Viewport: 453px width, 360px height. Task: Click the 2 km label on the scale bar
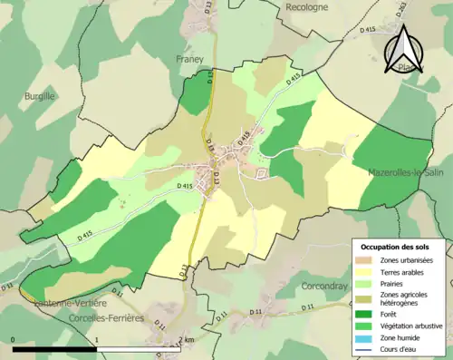(x=186, y=339)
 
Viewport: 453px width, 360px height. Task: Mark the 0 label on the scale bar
(x=14, y=339)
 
